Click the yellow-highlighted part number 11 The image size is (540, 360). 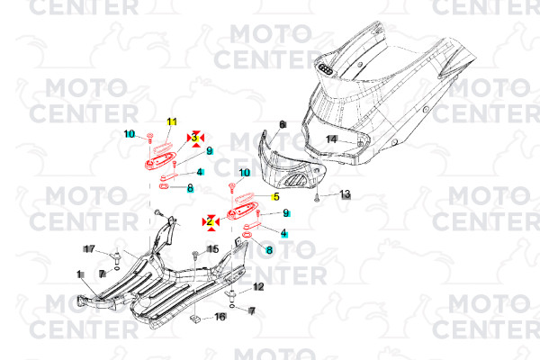pyautogui.click(x=171, y=121)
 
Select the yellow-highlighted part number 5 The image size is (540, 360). pyautogui.click(x=275, y=197)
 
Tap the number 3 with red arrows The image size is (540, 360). pyautogui.click(x=194, y=138)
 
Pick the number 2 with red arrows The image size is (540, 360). pyautogui.click(x=210, y=220)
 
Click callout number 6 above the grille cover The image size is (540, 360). pyautogui.click(x=282, y=124)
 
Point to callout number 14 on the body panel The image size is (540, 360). pyautogui.click(x=331, y=139)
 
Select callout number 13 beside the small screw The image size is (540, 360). pyautogui.click(x=345, y=194)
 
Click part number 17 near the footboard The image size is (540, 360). pyautogui.click(x=89, y=248)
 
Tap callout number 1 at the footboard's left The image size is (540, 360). pyautogui.click(x=79, y=274)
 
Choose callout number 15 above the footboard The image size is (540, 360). pyautogui.click(x=213, y=249)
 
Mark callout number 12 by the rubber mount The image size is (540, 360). pyautogui.click(x=257, y=287)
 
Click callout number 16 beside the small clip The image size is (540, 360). pyautogui.click(x=220, y=317)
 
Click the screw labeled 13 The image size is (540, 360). pyautogui.click(x=318, y=196)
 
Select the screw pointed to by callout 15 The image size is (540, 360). pyautogui.click(x=196, y=255)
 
